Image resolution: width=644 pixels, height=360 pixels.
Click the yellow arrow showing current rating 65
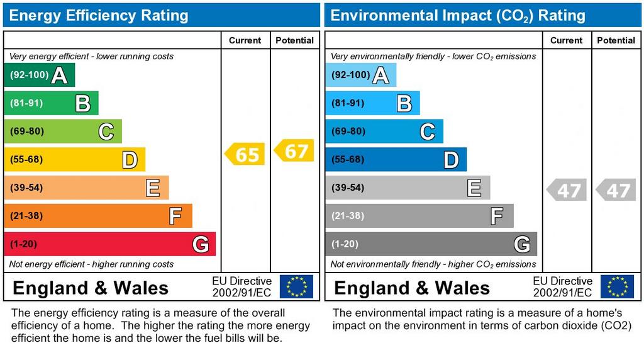[x=245, y=154]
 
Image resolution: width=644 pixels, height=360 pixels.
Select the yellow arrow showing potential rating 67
[x=294, y=151]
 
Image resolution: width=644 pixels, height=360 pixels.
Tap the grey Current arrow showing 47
[x=566, y=190]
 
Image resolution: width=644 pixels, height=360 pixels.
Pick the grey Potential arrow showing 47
[x=616, y=190]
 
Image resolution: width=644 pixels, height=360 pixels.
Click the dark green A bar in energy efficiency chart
[x=39, y=76]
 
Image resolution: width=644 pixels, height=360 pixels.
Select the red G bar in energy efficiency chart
[x=109, y=244]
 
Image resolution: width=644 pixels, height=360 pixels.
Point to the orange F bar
[x=97, y=216]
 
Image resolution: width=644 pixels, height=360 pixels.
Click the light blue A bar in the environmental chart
[x=361, y=76]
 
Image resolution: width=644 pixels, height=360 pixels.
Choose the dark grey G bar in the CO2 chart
[x=431, y=244]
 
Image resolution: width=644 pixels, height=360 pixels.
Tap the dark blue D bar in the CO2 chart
[x=396, y=160]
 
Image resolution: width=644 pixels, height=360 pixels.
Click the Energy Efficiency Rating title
[x=99, y=16]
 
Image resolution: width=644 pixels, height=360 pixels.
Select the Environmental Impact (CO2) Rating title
[x=458, y=16]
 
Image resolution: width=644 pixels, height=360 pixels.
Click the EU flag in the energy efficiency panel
[x=296, y=286]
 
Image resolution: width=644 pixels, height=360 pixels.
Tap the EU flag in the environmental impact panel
[x=617, y=286]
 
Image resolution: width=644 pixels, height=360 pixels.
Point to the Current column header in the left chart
[x=245, y=40]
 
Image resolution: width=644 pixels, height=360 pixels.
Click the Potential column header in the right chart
[x=616, y=40]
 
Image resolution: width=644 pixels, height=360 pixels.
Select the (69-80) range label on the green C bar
[x=26, y=132]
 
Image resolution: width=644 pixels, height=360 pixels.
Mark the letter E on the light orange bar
[x=152, y=188]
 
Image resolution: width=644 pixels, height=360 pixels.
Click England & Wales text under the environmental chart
[x=411, y=288]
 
